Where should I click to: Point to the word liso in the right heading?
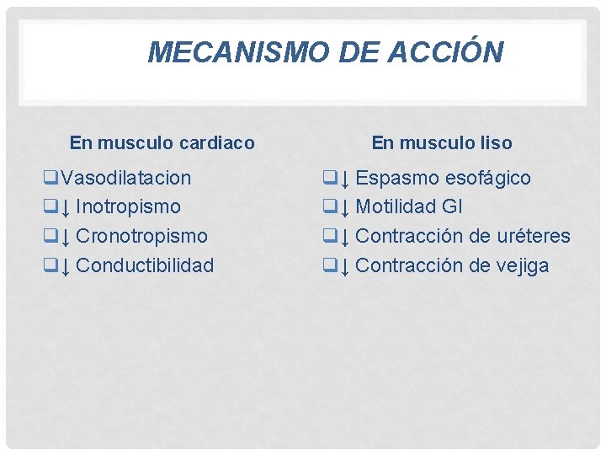(494, 143)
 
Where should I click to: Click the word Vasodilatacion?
(126, 178)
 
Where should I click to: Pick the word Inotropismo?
(128, 206)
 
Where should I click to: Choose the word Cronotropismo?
(141, 236)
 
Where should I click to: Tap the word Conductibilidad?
(145, 265)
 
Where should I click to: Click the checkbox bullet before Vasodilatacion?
(51, 178)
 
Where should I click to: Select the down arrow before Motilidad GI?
(345, 207)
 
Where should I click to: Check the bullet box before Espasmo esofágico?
(331, 178)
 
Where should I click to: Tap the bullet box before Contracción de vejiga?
(331, 265)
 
